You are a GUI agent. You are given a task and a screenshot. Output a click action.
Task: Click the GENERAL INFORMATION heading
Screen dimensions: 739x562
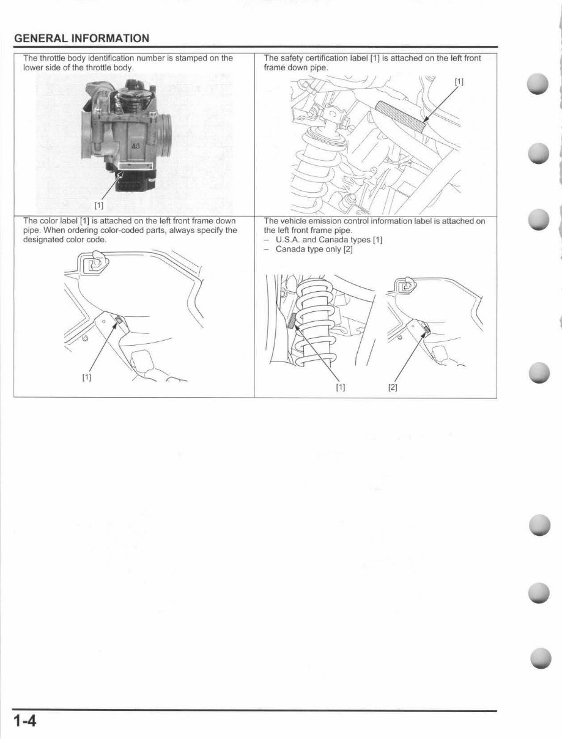coord(81,39)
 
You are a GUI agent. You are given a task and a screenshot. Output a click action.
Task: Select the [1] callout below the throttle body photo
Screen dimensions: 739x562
coord(99,204)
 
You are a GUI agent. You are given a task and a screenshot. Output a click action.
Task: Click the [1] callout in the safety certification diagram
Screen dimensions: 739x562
coord(459,81)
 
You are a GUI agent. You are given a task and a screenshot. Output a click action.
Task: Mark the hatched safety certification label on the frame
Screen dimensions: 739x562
coord(401,114)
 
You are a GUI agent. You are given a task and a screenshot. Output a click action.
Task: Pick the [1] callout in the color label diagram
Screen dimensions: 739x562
coord(87,377)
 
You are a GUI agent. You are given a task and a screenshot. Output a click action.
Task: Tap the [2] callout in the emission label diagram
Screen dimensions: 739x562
coord(393,387)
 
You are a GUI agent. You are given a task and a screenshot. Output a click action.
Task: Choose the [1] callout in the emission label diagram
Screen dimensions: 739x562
coord(341,387)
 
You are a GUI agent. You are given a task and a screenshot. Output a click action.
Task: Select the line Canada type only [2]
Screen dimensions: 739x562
coord(314,249)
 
